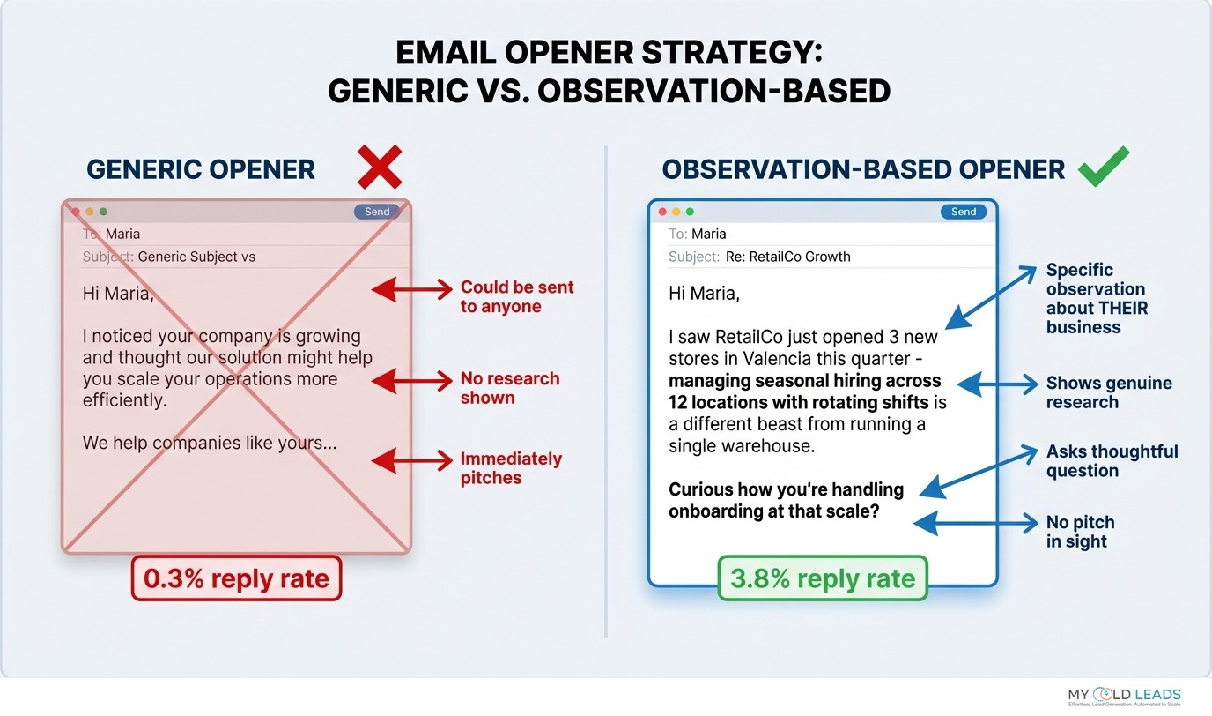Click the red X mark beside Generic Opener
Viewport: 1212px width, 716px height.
click(380, 167)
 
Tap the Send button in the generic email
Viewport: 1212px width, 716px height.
click(377, 212)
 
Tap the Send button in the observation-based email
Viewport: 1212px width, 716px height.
click(963, 212)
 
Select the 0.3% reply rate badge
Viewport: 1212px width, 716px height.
click(236, 578)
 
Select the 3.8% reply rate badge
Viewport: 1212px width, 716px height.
click(823, 578)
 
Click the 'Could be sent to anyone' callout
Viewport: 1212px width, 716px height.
click(516, 297)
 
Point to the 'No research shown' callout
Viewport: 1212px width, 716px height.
click(509, 388)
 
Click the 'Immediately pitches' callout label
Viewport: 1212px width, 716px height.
click(510, 468)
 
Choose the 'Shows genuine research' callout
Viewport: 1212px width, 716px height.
click(1108, 392)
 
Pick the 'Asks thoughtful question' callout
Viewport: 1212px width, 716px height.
click(1111, 460)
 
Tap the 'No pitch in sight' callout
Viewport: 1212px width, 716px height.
click(1080, 532)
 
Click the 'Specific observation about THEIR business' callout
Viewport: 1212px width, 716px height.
click(1096, 298)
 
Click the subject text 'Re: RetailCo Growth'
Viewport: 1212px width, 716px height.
click(787, 257)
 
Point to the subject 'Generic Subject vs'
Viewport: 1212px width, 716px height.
click(196, 257)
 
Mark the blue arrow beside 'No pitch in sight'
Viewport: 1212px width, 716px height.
click(976, 524)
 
